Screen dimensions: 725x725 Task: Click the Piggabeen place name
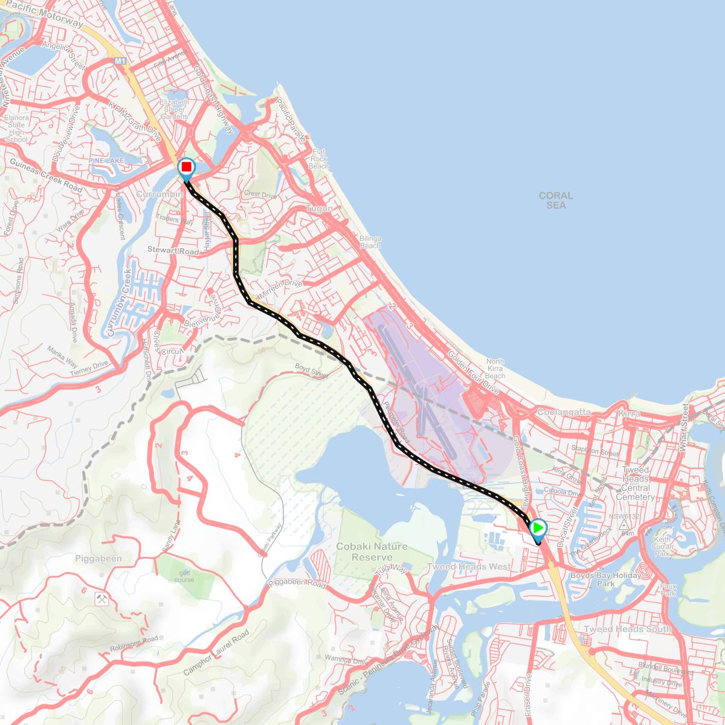[x=100, y=559]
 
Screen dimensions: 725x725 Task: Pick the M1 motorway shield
[x=120, y=61]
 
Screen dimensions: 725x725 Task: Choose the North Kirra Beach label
[x=495, y=369]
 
